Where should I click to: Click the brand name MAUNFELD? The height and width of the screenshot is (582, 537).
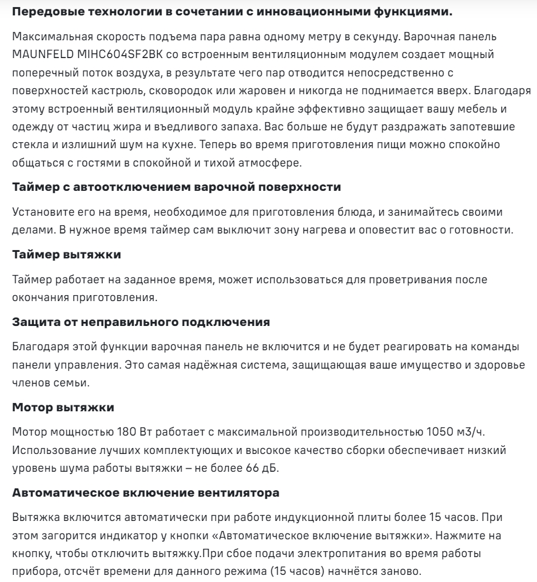tap(41, 53)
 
